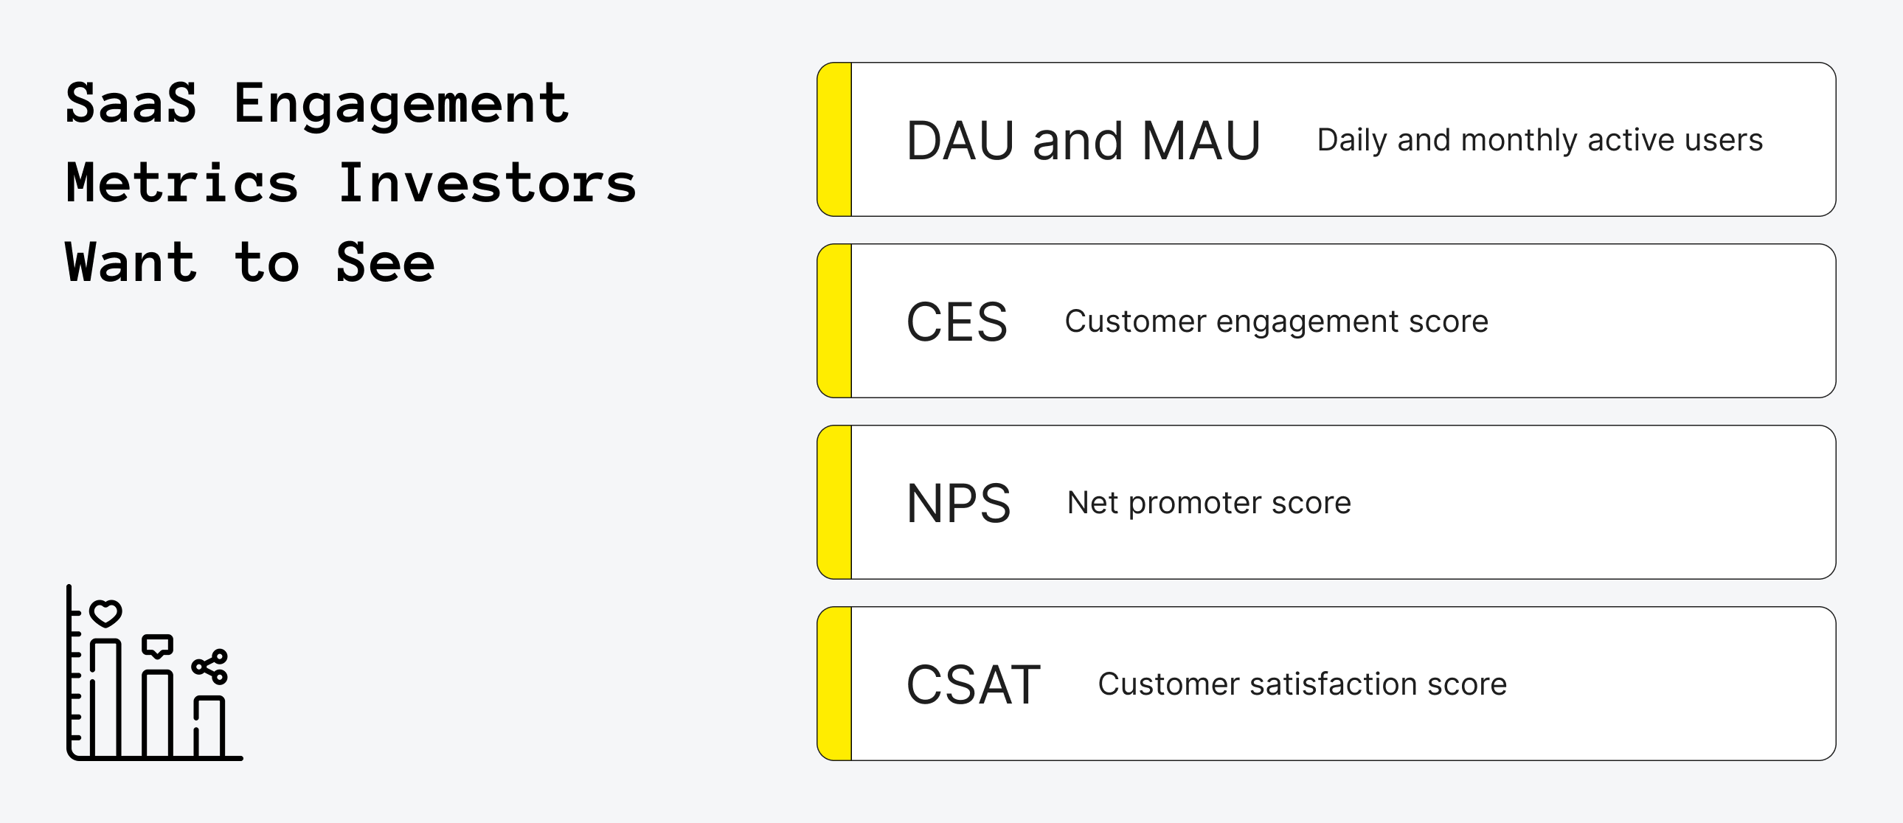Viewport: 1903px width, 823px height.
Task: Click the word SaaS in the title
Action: pyautogui.click(x=131, y=103)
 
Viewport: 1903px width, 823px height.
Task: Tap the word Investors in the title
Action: pyautogui.click(x=487, y=183)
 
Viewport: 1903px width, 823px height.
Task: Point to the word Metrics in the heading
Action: pyautogui.click(x=181, y=183)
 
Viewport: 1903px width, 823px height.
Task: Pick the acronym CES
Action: pyautogui.click(x=957, y=322)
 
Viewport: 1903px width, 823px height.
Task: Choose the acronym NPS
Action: pyautogui.click(x=958, y=504)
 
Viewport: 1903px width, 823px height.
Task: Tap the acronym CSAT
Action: pyautogui.click(x=973, y=685)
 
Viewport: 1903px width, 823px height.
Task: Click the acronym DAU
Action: pyautogui.click(x=960, y=140)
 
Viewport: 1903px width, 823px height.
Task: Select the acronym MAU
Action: pyautogui.click(x=1202, y=140)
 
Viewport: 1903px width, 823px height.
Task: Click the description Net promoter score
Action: pyautogui.click(x=1210, y=503)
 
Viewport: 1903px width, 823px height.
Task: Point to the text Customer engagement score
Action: pyautogui.click(x=1276, y=322)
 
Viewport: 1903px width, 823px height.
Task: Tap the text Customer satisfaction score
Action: pyautogui.click(x=1302, y=684)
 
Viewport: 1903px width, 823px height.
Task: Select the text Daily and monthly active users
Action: pyautogui.click(x=1539, y=140)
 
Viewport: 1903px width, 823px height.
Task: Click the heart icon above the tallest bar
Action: pyautogui.click(x=105, y=612)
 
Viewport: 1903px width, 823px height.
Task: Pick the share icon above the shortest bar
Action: pyautogui.click(x=210, y=667)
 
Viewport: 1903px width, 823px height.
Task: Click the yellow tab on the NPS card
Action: pyautogui.click(x=836, y=502)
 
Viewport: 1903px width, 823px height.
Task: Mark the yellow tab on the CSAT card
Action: pyautogui.click(x=836, y=684)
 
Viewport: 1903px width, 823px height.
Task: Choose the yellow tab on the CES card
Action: pyautogui.click(x=836, y=321)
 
